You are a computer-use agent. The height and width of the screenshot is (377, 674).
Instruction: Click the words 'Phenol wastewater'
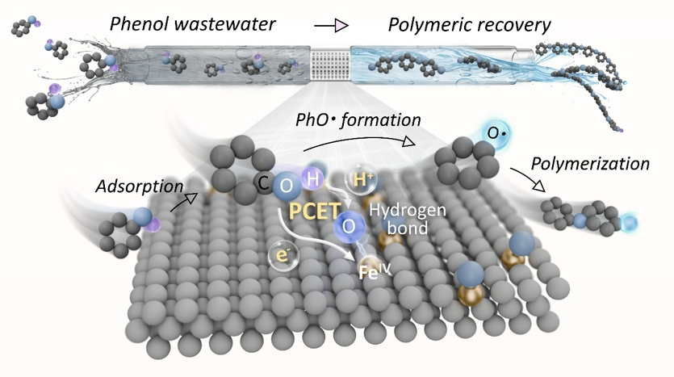[x=193, y=24]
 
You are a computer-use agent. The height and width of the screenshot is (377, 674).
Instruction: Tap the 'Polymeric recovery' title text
[x=469, y=25]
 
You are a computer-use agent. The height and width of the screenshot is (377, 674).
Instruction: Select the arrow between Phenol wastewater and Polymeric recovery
[x=331, y=26]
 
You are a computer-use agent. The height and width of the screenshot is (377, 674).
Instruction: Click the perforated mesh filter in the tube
[x=331, y=65]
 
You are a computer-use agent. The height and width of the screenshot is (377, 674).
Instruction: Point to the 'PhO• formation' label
[x=358, y=120]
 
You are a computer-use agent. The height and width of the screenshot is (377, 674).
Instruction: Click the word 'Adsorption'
[x=140, y=186]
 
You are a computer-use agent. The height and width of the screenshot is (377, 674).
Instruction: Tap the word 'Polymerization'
[x=590, y=164]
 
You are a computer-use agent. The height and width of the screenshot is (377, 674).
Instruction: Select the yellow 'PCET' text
[x=315, y=211]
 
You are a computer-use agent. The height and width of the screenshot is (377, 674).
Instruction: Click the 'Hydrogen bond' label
[x=407, y=219]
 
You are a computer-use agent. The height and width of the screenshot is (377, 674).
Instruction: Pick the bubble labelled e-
[x=283, y=256]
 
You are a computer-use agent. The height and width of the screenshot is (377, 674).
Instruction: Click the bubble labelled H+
[x=362, y=179]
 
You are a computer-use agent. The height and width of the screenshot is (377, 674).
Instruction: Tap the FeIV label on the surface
[x=375, y=271]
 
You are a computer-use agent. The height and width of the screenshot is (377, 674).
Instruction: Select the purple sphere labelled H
[x=312, y=178]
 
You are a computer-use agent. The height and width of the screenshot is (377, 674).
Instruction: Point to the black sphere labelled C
[x=263, y=183]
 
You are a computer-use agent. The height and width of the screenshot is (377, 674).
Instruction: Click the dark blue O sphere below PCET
[x=349, y=226]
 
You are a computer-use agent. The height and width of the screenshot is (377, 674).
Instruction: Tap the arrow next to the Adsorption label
[x=184, y=202]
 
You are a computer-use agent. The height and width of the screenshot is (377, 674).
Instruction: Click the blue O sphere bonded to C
[x=287, y=186]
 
